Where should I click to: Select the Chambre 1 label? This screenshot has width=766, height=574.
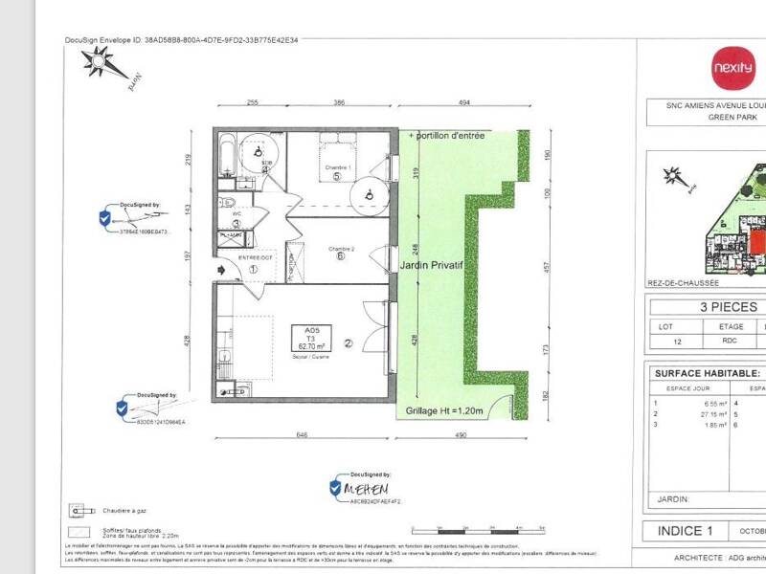click(x=337, y=166)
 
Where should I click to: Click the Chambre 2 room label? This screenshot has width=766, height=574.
click(x=341, y=249)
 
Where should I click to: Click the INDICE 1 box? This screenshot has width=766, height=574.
click(x=685, y=531)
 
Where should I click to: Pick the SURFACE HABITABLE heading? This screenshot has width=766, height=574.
click(x=707, y=373)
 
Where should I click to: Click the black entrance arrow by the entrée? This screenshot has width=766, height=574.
click(x=223, y=271)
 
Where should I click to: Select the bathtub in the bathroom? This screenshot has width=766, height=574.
click(x=227, y=157)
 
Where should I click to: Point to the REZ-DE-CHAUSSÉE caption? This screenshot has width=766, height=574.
click(x=684, y=283)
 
